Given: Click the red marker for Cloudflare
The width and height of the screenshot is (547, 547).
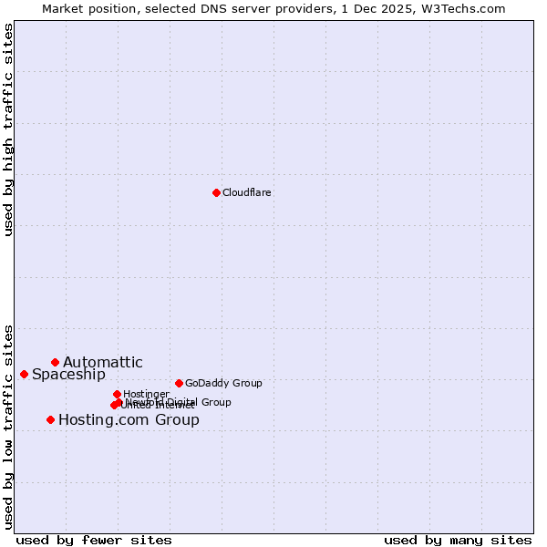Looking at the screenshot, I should pos(216,192).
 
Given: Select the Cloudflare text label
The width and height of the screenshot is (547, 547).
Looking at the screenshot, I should pos(247,192).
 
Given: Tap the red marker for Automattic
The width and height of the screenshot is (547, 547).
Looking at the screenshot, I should pos(55,362).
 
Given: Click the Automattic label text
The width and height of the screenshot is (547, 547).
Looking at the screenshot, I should pos(103,363).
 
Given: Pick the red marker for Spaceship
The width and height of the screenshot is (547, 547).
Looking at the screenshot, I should pos(24,374).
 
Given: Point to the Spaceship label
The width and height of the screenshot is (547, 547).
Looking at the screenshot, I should pos(68,375).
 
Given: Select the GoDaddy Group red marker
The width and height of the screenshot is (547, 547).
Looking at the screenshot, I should pos(179,383).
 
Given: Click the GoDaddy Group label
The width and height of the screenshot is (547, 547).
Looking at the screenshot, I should pos(223,383).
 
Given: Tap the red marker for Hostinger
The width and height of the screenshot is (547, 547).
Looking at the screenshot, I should pos(117,394).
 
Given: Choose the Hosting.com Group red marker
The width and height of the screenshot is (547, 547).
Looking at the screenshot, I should pos(50,419).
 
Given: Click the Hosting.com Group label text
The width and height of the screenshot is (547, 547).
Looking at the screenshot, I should pos(129,420).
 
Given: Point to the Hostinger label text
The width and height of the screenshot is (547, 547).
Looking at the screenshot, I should pos(146,394).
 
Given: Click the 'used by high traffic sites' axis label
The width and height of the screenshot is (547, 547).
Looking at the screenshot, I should pos(8,129).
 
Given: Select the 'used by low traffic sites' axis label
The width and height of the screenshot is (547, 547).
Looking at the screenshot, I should pos(8,426).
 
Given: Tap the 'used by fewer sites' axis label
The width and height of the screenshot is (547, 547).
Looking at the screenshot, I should pos(94,540).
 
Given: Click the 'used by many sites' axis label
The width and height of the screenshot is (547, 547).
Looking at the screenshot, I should pos(458,540).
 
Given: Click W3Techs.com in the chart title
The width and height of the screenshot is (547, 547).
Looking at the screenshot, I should pos(468,8).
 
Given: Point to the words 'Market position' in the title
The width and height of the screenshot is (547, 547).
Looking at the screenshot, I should pos(86,8).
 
